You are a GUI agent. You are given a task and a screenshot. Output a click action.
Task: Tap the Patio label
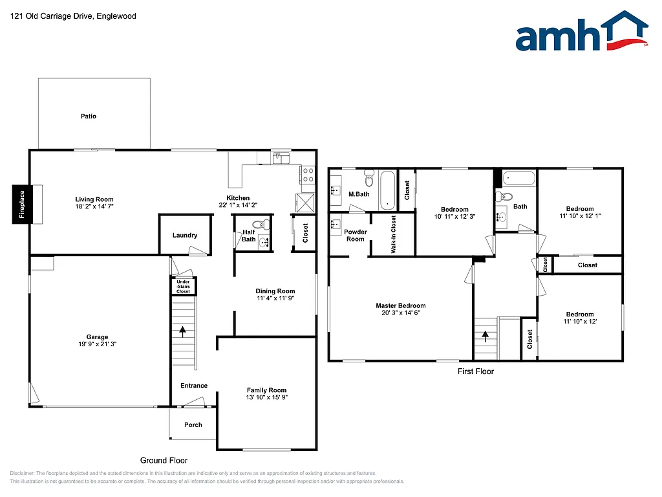coord(89,116)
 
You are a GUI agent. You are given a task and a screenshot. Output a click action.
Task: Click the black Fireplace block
coord(21,204)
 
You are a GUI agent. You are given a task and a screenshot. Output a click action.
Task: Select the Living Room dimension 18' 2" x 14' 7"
coord(94,207)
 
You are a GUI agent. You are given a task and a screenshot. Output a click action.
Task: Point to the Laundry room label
coord(185,236)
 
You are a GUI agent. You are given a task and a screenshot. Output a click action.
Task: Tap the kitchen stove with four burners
coord(307,175)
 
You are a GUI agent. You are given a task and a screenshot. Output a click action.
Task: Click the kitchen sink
coord(281,157)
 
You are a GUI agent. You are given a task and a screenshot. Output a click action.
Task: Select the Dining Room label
coord(275,291)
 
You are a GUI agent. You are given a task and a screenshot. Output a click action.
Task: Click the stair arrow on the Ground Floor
coord(183,332)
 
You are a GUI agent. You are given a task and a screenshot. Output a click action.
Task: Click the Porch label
coord(193,425)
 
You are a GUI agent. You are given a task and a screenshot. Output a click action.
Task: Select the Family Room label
coord(266,390)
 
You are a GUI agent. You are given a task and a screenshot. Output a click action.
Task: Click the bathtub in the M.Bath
coord(387,190)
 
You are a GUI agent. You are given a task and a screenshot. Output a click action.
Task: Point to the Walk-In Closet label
coord(393,234)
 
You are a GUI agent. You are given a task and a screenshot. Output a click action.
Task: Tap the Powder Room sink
coord(336,224)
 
